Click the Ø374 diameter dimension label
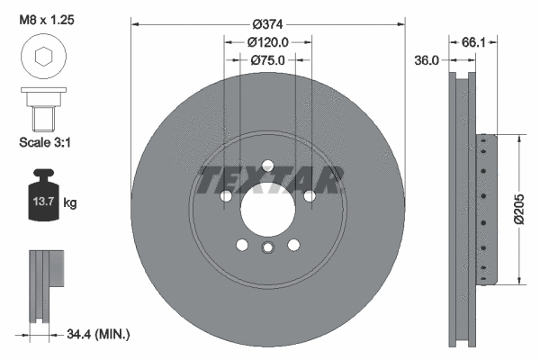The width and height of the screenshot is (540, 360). (267, 24)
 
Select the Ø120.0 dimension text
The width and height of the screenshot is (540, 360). (267, 41)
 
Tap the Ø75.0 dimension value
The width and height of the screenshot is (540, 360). (267, 61)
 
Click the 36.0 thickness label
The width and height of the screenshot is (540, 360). (425, 61)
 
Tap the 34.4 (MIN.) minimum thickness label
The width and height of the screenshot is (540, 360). (98, 335)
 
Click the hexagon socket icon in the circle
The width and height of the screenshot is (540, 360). (41, 58)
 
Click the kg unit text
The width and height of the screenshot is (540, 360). (70, 203)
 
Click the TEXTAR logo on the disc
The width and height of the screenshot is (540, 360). (268, 180)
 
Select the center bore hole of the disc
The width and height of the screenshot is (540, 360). (267, 212)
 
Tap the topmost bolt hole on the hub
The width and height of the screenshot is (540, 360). (267, 165)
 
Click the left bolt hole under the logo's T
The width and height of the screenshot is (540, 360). (226, 195)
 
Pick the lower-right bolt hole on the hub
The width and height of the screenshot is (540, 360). (293, 244)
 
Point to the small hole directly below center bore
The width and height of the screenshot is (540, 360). (267, 249)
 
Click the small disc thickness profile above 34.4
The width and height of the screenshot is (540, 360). (48, 283)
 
